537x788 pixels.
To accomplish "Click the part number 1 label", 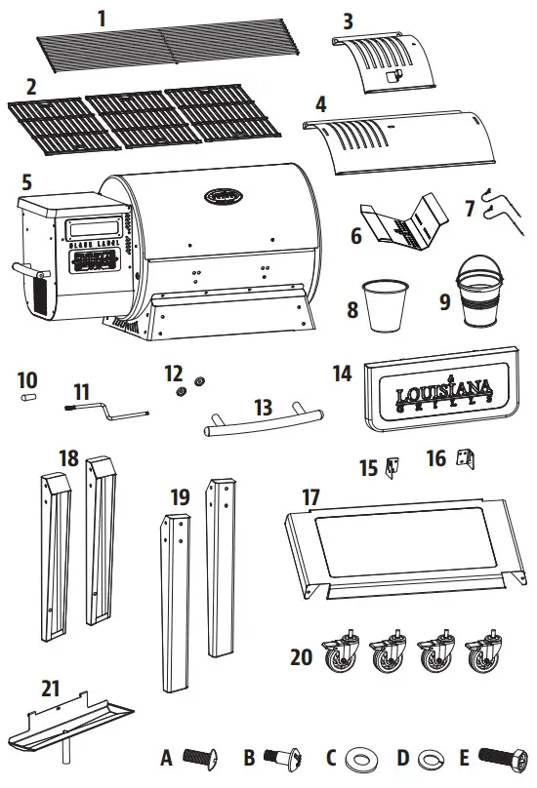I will pyautogui.click(x=102, y=17).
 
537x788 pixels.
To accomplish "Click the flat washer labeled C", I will pyautogui.click(x=366, y=759).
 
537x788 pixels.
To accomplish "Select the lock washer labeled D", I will pyautogui.click(x=431, y=759).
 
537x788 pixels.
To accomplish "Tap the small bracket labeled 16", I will pyautogui.click(x=465, y=456).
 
